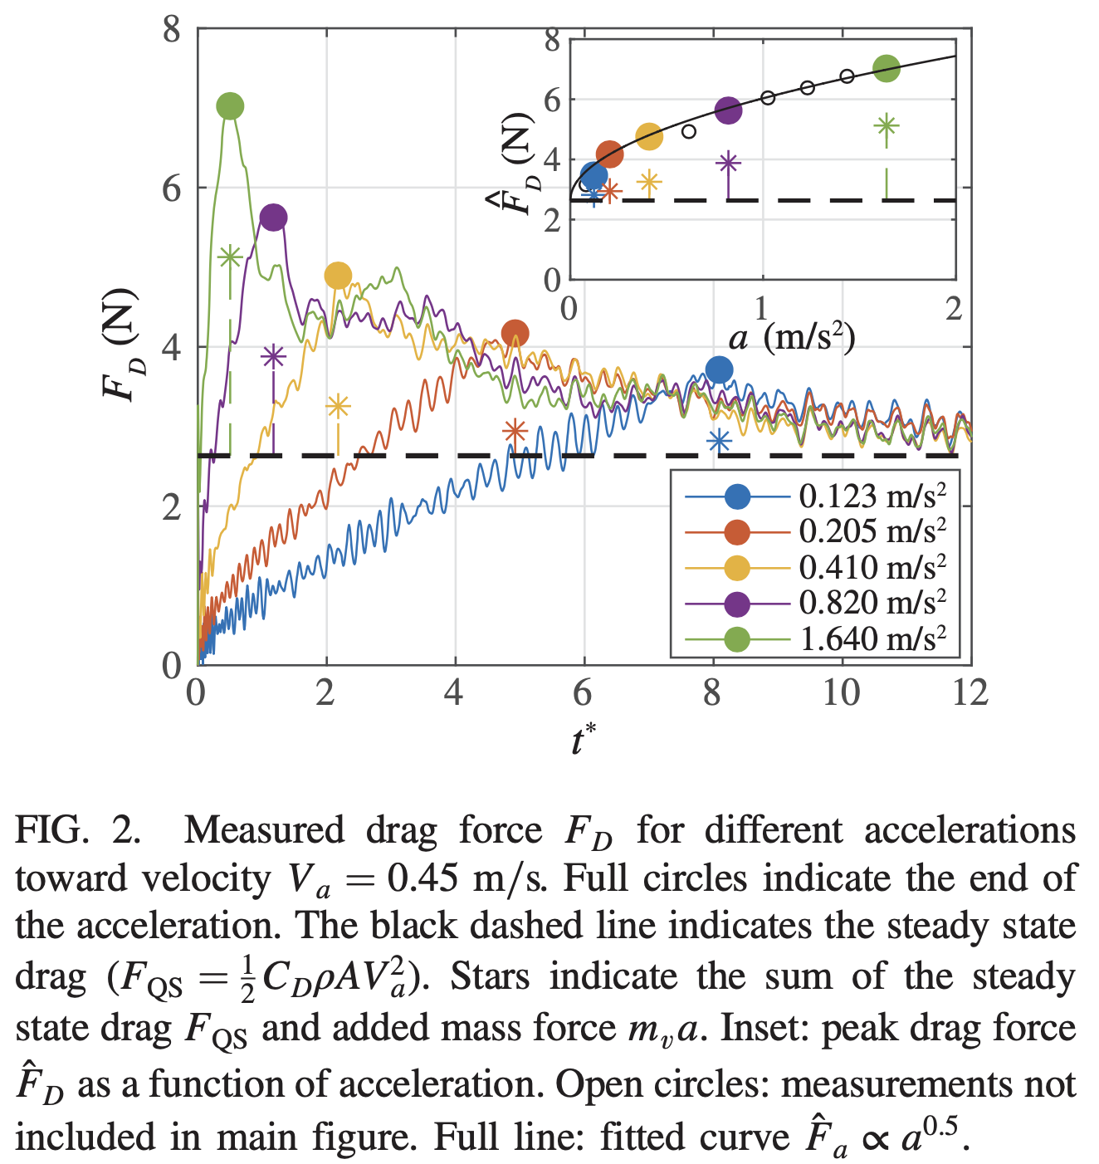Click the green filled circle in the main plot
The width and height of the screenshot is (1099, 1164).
pos(230,106)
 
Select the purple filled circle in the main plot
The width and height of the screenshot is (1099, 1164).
pos(273,218)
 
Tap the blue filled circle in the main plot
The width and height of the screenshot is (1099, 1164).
pos(719,370)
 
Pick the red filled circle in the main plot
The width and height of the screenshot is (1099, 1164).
pos(515,334)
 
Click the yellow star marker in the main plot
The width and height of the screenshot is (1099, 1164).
pos(338,407)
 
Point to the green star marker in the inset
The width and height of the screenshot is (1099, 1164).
pos(887,126)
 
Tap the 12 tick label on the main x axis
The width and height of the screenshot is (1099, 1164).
pos(970,692)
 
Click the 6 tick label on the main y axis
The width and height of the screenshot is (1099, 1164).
pos(171,189)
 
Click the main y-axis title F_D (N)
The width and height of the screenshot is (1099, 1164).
pos(120,345)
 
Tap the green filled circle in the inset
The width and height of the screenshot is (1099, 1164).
pos(887,69)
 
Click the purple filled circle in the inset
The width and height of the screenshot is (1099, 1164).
pos(728,111)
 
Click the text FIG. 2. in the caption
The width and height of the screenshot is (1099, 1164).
pos(78,830)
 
